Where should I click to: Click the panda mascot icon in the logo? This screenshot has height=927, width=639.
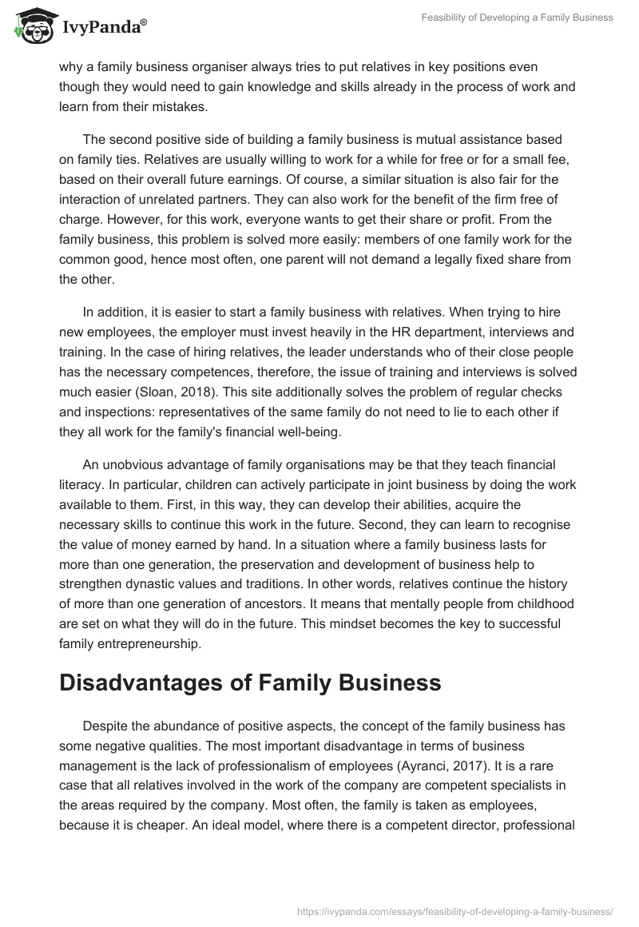click(x=30, y=26)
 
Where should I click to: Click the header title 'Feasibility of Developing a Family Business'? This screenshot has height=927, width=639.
click(x=517, y=18)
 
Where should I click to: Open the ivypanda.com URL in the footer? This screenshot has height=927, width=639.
click(x=454, y=910)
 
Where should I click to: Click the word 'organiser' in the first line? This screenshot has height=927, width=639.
click(x=217, y=66)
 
